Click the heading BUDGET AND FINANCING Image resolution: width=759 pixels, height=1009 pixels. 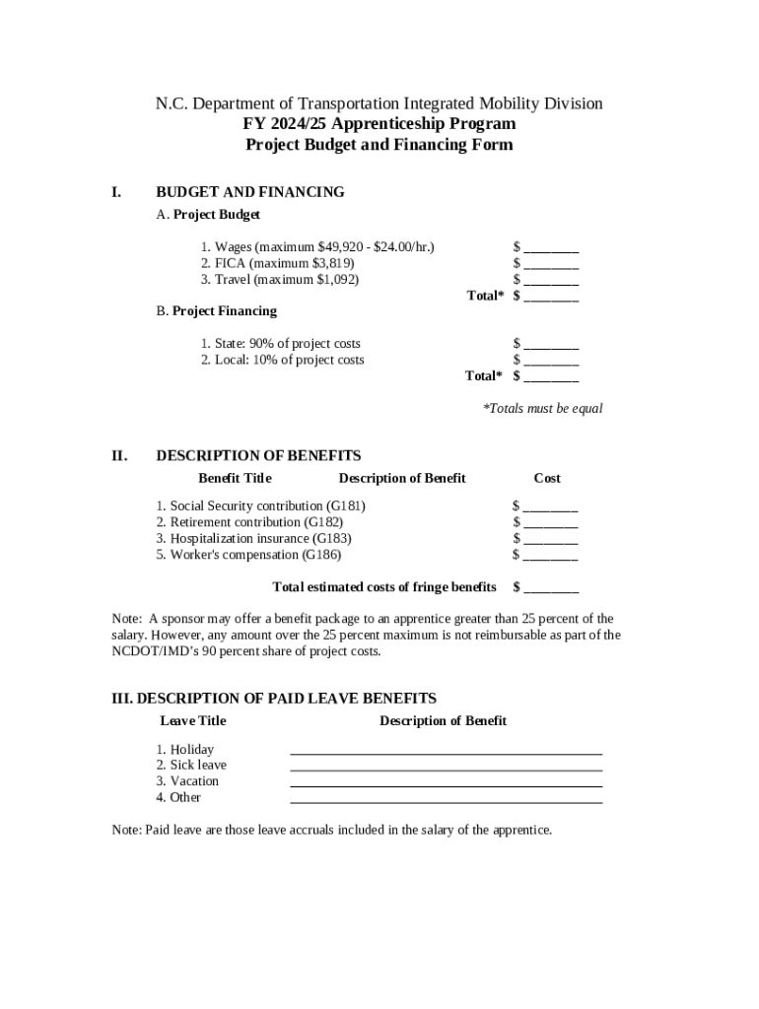(250, 192)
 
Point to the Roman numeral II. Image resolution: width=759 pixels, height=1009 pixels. (119, 455)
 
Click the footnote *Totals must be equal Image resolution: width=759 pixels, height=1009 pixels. (542, 408)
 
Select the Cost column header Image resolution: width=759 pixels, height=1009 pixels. (547, 478)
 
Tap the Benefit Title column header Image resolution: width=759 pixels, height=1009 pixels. (235, 478)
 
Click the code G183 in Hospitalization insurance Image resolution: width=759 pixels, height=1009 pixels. (330, 539)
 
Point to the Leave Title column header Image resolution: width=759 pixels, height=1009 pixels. (193, 721)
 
